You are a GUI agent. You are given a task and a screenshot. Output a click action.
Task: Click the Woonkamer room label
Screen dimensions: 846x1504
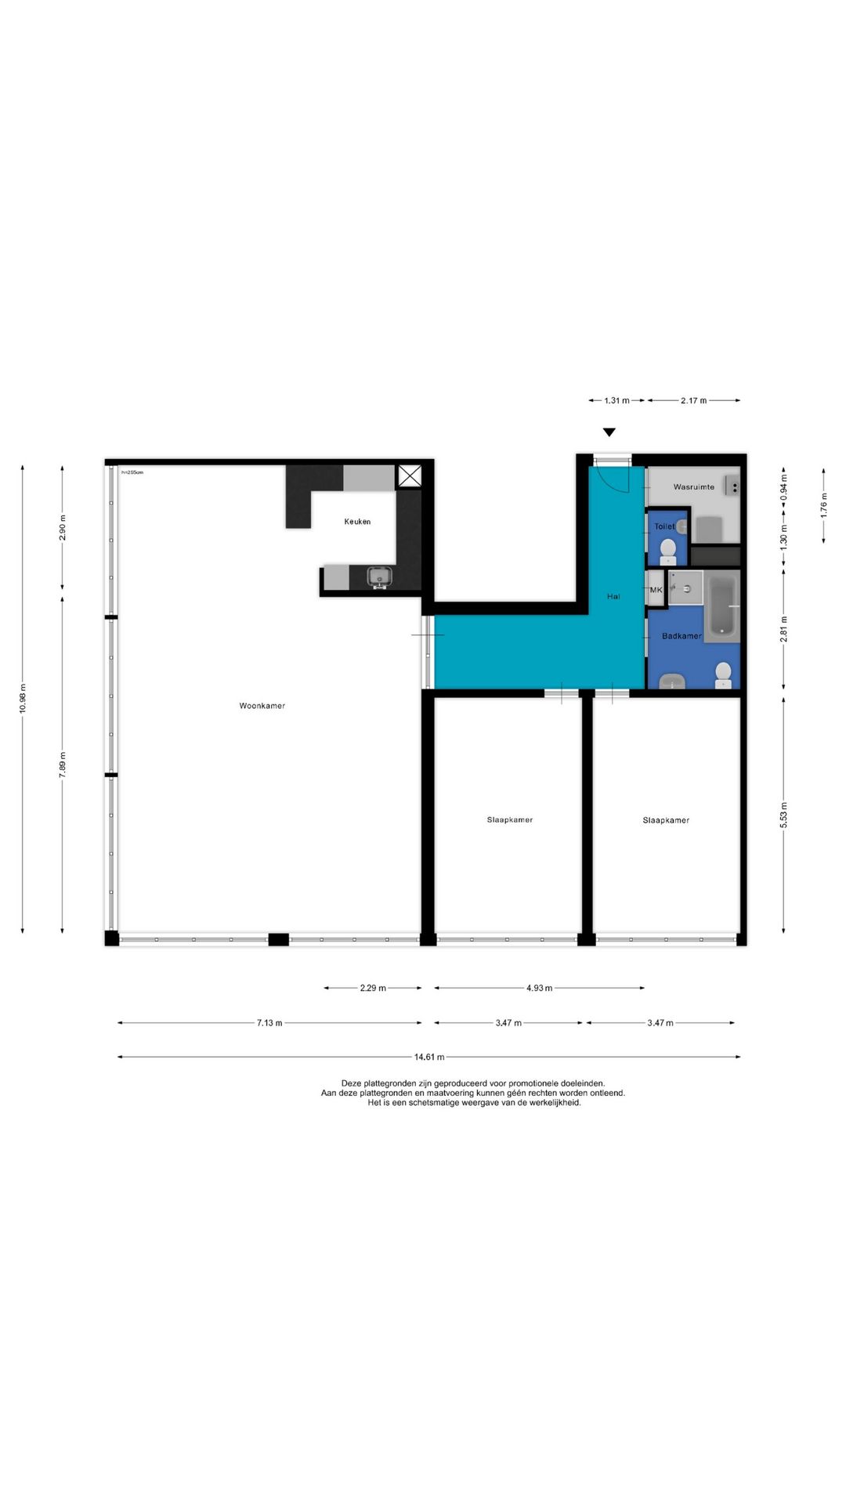(x=262, y=706)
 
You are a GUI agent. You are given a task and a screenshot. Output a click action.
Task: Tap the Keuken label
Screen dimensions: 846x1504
(x=357, y=522)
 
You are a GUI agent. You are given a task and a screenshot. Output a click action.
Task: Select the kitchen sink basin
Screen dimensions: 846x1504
(x=380, y=577)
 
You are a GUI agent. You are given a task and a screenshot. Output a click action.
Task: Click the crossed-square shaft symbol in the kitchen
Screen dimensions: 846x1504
(x=409, y=475)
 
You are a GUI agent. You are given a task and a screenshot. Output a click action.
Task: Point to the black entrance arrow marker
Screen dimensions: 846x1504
(x=609, y=432)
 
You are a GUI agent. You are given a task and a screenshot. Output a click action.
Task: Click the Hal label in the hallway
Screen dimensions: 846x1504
(x=613, y=597)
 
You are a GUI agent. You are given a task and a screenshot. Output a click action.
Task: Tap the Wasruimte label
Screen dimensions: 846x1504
(x=694, y=487)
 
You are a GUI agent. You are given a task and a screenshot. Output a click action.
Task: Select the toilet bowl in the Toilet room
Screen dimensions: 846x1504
(x=668, y=550)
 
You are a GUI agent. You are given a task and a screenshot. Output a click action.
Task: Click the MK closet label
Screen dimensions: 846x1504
(x=656, y=590)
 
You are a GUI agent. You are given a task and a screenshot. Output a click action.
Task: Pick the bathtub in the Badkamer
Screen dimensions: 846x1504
(x=722, y=607)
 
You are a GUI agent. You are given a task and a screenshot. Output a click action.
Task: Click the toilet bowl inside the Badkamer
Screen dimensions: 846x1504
(x=724, y=674)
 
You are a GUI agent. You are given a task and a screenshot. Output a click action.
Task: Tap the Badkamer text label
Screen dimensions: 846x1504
(x=681, y=636)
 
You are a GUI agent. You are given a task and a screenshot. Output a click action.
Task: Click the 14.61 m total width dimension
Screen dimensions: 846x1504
(x=429, y=1057)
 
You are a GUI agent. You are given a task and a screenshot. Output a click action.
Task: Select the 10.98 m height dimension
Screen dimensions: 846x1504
(x=23, y=698)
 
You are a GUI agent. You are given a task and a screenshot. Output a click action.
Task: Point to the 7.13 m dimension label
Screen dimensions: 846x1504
(x=269, y=1022)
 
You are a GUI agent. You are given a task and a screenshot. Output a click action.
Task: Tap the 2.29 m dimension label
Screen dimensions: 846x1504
(x=373, y=988)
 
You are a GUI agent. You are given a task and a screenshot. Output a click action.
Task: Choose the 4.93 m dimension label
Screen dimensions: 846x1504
(x=539, y=988)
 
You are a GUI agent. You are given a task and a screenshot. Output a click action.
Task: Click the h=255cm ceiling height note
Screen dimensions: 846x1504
(x=132, y=472)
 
